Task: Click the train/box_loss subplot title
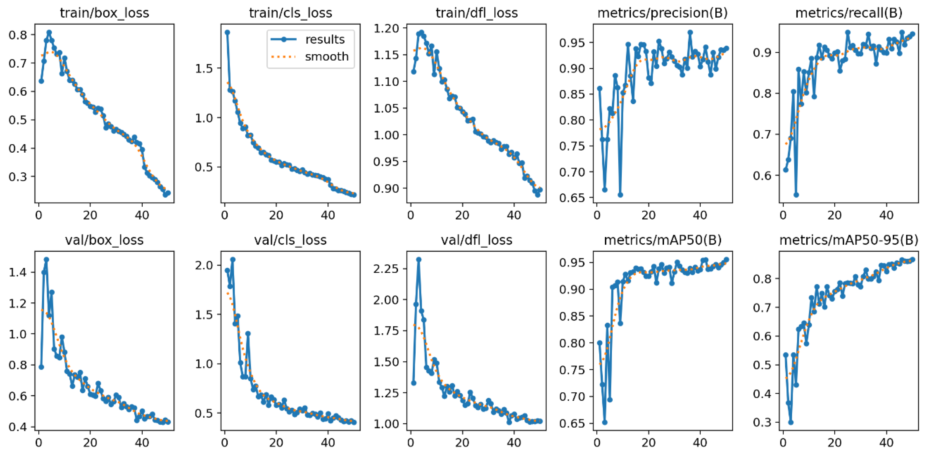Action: coord(104,13)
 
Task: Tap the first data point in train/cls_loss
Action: coord(227,32)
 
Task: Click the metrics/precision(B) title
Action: coord(662,13)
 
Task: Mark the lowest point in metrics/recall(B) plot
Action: coord(796,195)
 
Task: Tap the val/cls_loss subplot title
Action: coord(290,240)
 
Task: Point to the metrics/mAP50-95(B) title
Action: coord(849,240)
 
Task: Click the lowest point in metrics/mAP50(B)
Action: coord(605,422)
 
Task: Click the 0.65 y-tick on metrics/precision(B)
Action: coord(571,198)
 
